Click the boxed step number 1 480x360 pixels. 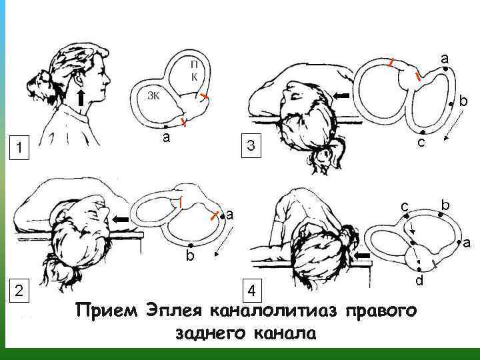(x=19, y=148)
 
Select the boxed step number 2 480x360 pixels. (x=19, y=290)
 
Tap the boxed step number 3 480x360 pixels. (x=251, y=146)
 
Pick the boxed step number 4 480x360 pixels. (x=252, y=291)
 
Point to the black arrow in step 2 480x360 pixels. (x=121, y=219)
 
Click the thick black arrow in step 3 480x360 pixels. (x=341, y=96)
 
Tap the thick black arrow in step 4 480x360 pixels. (x=361, y=255)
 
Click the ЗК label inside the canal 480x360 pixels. (x=153, y=96)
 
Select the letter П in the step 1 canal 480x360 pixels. (x=194, y=65)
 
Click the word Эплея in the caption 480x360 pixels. (x=174, y=311)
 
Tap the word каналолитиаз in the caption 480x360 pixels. (x=273, y=311)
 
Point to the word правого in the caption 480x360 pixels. (x=381, y=311)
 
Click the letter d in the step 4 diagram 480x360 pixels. (x=419, y=280)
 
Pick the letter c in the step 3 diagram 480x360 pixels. (x=421, y=143)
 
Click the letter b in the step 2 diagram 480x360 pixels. (x=190, y=255)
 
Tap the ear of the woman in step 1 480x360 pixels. (x=79, y=81)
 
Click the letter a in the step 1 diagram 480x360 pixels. (x=166, y=138)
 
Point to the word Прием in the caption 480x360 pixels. (x=107, y=311)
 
